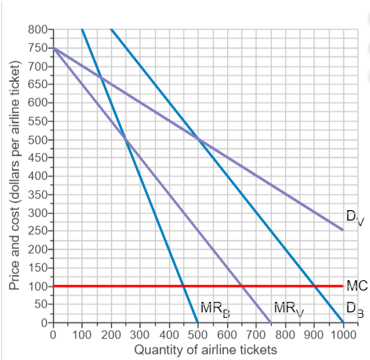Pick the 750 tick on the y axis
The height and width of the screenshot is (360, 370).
[37, 48]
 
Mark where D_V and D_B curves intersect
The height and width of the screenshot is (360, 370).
[198, 139]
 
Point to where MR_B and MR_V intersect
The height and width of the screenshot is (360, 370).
[125, 139]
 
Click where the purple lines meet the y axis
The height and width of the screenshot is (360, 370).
[53, 48]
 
